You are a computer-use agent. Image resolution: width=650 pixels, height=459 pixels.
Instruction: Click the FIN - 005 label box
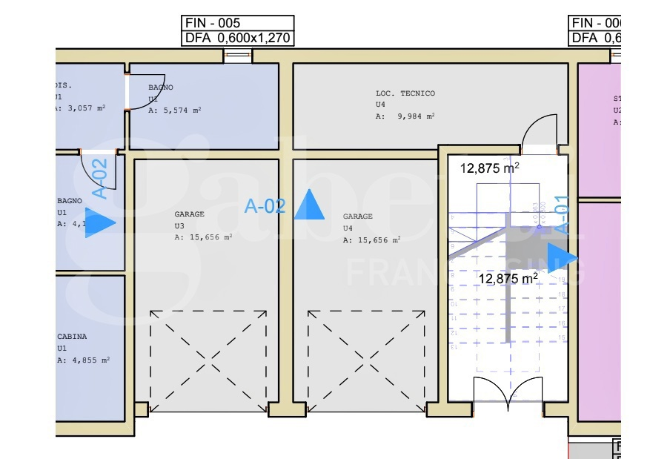pyautogui.click(x=238, y=23)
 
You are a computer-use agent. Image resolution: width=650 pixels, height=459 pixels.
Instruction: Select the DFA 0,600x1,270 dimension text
pyautogui.click(x=238, y=39)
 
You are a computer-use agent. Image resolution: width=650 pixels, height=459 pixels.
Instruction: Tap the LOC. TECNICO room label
pyautogui.click(x=405, y=93)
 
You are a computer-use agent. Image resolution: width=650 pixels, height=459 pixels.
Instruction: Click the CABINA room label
pyautogui.click(x=72, y=337)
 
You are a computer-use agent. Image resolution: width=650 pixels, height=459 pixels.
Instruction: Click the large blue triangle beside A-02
pyautogui.click(x=309, y=205)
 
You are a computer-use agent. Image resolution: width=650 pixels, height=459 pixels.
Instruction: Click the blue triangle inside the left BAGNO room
pyautogui.click(x=99, y=222)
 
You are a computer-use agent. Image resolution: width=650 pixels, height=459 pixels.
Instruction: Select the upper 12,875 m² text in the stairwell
pyautogui.click(x=489, y=168)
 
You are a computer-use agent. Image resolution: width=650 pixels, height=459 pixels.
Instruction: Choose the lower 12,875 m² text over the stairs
pyautogui.click(x=508, y=278)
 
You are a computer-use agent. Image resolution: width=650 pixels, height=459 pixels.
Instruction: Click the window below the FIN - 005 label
pyautogui.click(x=238, y=56)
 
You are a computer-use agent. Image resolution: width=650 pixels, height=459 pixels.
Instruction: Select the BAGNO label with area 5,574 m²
pyautogui.click(x=161, y=87)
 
